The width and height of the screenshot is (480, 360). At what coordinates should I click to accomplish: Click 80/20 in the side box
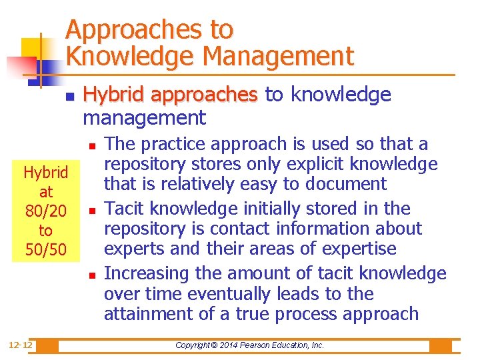45,211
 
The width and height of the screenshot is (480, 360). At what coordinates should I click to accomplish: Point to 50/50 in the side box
45,250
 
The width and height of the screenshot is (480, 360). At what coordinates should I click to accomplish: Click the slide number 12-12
21,345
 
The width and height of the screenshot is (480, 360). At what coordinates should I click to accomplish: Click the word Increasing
138,273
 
